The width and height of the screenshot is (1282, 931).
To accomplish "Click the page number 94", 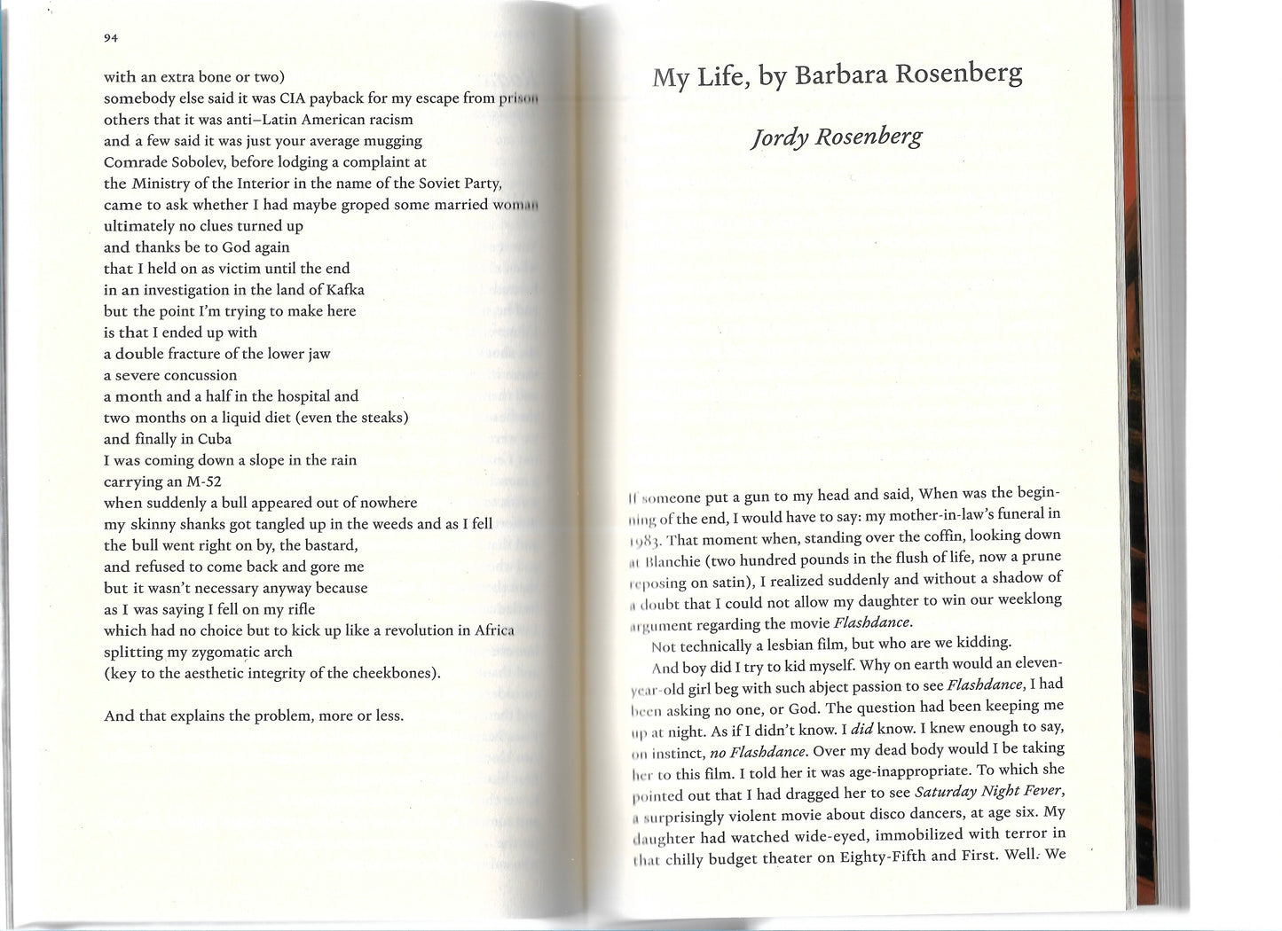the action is click(111, 38).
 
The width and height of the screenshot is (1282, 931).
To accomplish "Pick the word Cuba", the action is click(215, 439).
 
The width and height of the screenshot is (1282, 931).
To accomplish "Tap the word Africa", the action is click(492, 630).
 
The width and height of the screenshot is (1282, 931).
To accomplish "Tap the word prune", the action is click(1042, 556).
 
